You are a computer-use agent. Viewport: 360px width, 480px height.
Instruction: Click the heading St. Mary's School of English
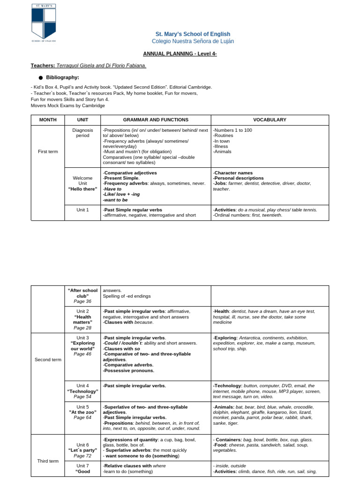coord(193,34)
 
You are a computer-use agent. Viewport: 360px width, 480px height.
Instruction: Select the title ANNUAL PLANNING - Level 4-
coord(180,54)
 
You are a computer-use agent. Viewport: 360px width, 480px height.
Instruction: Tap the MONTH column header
coord(48,120)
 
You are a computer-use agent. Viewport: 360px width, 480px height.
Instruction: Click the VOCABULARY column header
coord(270,120)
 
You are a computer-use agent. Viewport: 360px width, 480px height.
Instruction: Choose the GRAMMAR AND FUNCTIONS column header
coord(156,120)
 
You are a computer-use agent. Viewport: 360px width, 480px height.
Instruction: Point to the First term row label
coord(48,151)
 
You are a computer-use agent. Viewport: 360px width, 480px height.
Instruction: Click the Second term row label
coord(48,360)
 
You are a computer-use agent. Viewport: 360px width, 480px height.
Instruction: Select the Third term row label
coord(48,461)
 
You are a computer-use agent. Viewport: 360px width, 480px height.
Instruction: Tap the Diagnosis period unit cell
coord(82,133)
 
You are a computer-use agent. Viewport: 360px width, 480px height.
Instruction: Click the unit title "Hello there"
coord(82,189)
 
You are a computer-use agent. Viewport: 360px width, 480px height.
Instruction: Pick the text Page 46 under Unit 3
coord(82,354)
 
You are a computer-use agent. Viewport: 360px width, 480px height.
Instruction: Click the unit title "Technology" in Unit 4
coord(82,391)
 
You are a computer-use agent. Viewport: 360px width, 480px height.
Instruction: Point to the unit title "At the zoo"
coord(82,412)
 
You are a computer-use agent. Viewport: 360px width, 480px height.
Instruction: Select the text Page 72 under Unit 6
coord(82,456)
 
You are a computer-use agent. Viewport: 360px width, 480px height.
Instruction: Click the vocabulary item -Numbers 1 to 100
coord(232,130)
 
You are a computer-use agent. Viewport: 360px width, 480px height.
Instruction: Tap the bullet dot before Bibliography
coord(41,78)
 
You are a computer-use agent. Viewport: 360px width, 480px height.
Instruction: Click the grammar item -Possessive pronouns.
coord(128,370)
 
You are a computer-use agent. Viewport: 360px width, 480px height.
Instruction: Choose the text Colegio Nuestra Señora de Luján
coord(193,41)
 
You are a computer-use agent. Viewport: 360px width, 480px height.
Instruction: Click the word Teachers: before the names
coord(43,66)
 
